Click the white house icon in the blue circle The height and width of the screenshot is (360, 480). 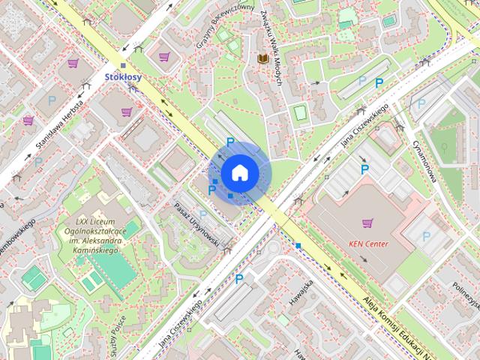pos(240,172)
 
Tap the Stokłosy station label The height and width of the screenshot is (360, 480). pos(123,76)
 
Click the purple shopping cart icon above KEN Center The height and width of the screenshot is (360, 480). pos(367,223)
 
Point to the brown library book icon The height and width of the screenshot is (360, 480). pos(262,58)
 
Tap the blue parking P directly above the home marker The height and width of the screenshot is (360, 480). pos(230,141)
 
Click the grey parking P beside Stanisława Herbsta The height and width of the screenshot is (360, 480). pos(52,99)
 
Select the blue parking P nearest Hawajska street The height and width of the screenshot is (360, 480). pos(239,279)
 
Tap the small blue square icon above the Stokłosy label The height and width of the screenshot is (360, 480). pos(123,66)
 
